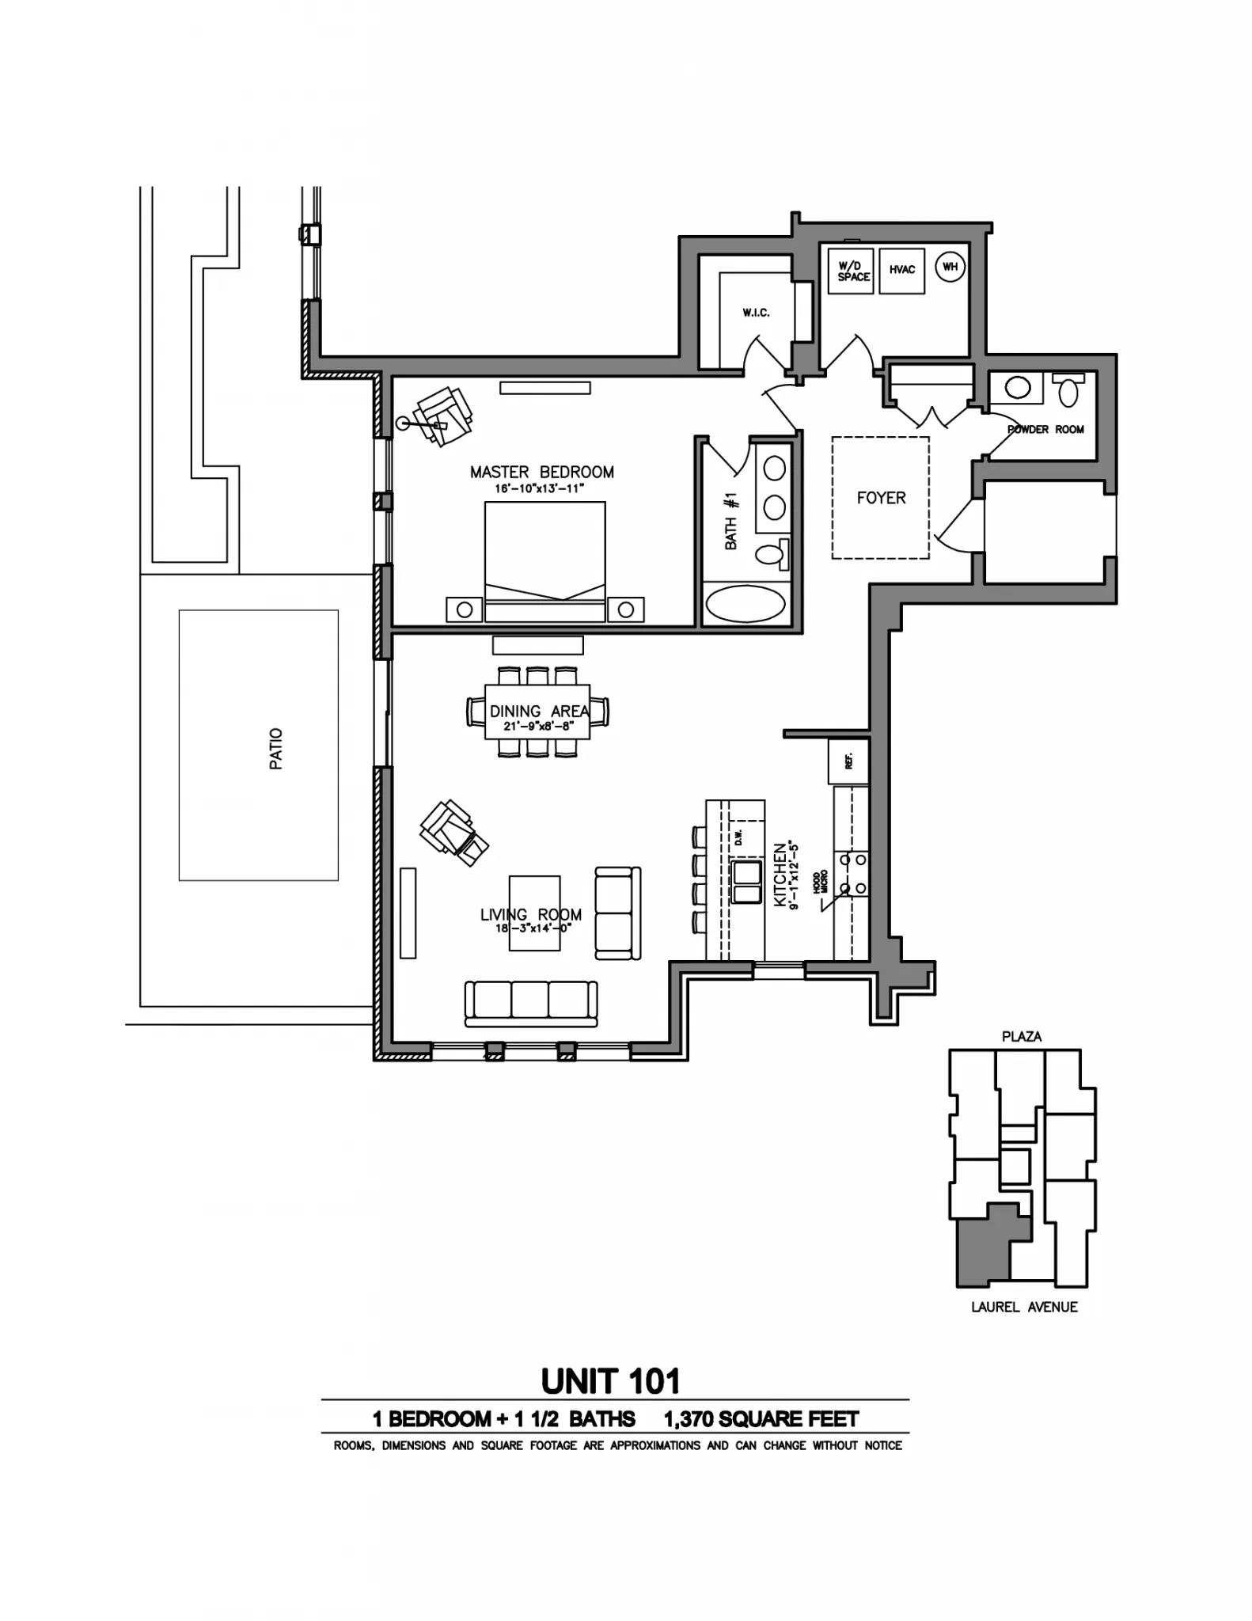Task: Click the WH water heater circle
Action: coord(950,267)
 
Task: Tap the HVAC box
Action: coord(901,270)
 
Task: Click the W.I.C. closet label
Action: coord(755,313)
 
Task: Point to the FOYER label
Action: coord(880,498)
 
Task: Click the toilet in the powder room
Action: coord(1068,390)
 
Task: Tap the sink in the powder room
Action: coord(1018,387)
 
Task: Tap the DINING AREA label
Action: coord(538,711)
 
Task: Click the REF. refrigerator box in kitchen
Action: coord(848,761)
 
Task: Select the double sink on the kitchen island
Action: coord(745,883)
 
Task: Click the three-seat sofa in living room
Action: coord(530,1003)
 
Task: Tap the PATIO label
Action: coord(275,748)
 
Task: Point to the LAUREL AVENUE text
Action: coord(1024,1307)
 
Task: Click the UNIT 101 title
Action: coord(610,1381)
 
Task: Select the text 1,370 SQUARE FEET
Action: coord(761,1419)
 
